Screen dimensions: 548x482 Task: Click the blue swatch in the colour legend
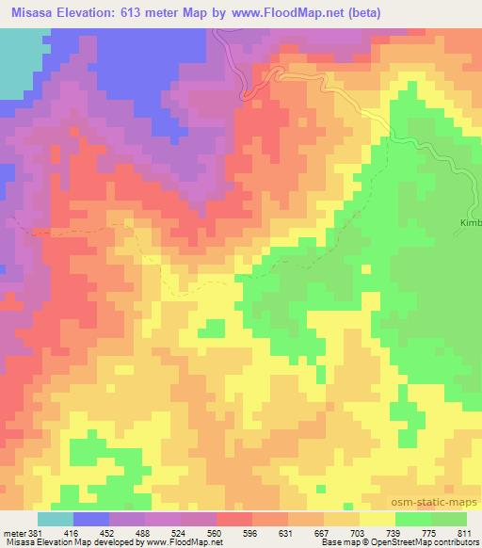click(x=91, y=519)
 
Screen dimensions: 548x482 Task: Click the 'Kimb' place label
click(x=470, y=223)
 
